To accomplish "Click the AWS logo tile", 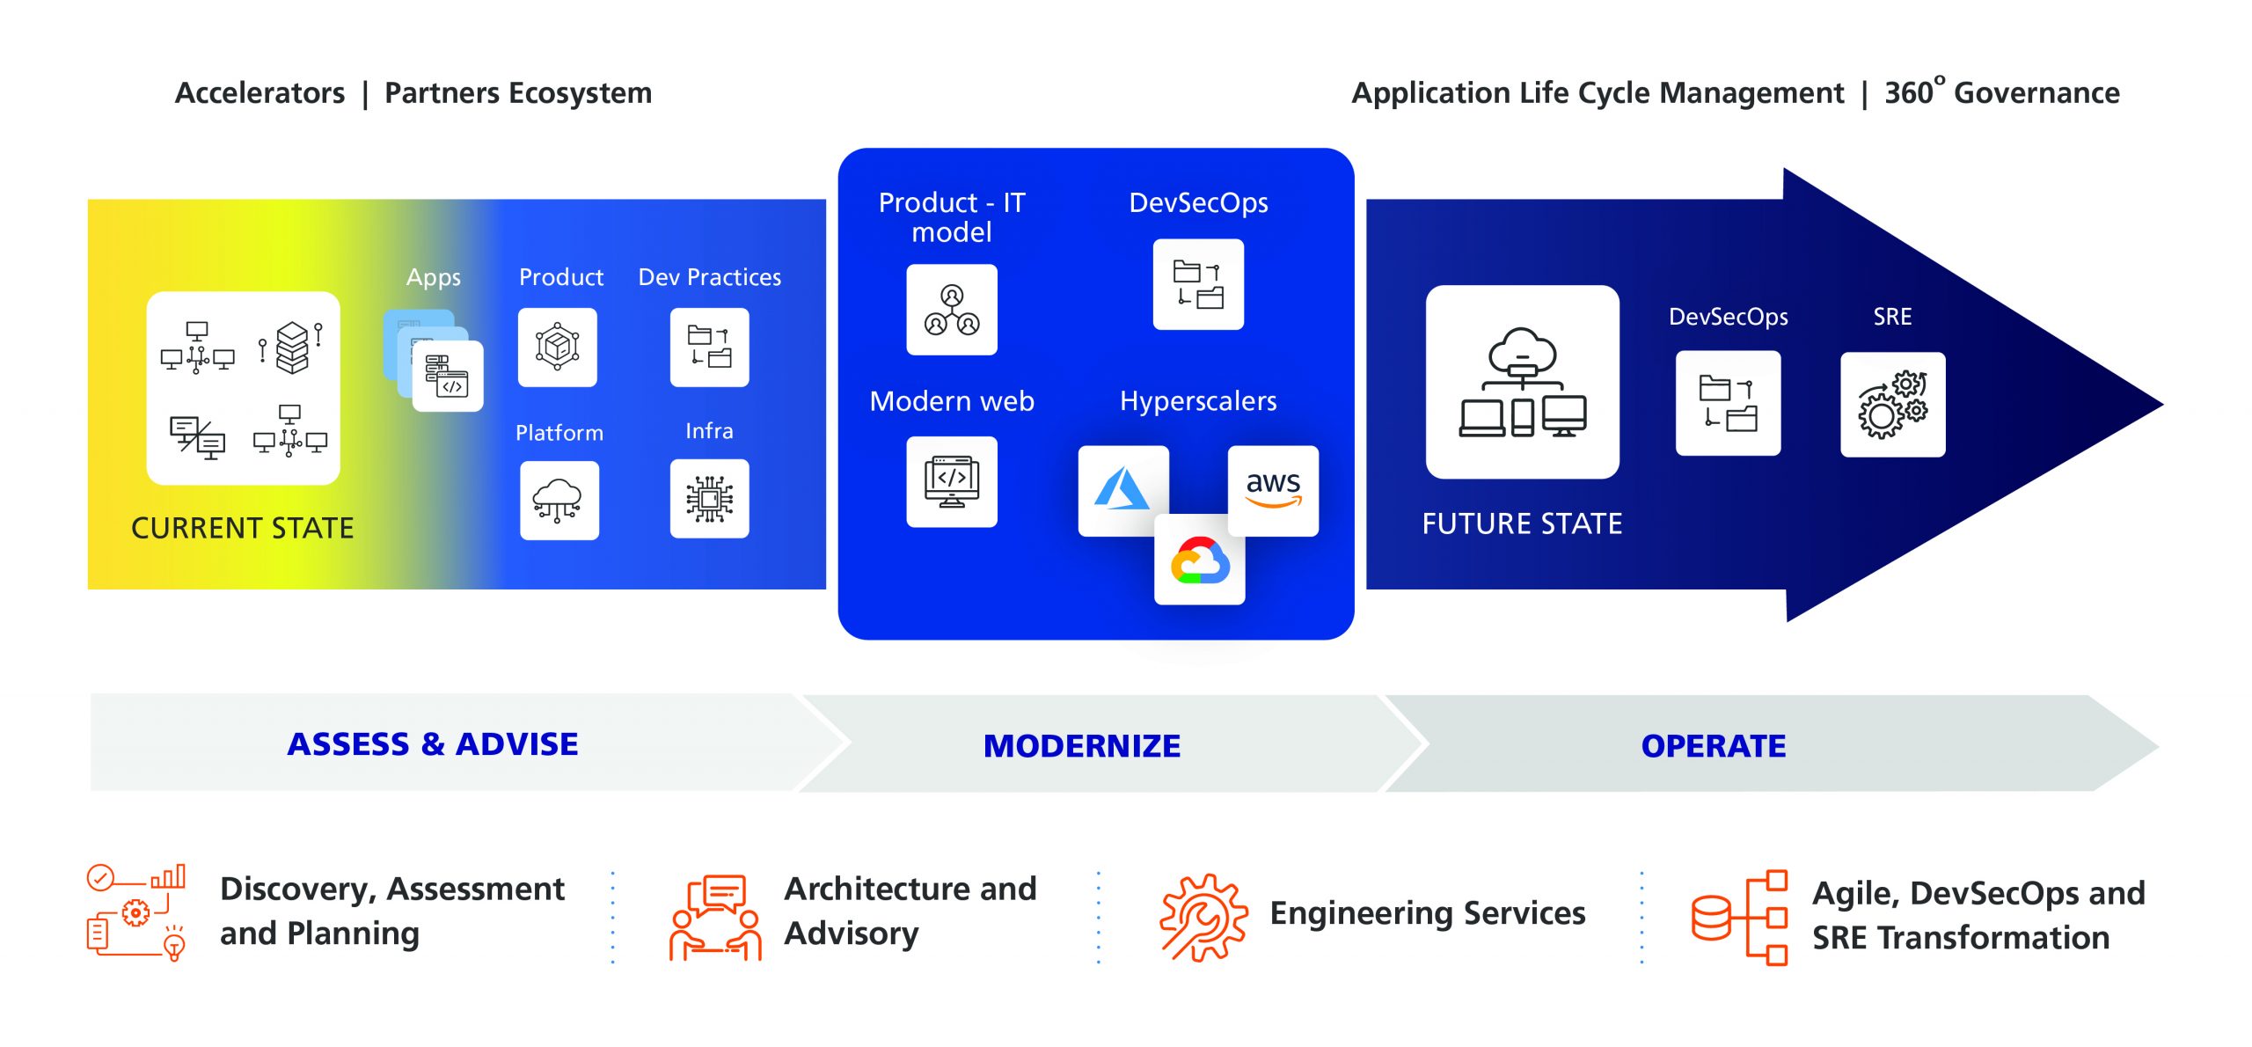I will coord(1273,490).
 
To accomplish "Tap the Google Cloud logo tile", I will coord(1200,560).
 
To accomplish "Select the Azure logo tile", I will coord(1122,490).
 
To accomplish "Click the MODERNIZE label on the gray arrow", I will coord(1081,746).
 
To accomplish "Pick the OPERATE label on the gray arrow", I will coord(1713,746).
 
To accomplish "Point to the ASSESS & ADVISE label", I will coord(433,744).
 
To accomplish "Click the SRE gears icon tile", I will coord(1892,405).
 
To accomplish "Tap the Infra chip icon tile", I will coord(709,499).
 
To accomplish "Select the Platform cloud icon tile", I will coord(559,500).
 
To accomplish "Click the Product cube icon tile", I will coord(558,348).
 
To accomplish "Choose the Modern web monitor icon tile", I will coord(952,482).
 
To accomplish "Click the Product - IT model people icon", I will coord(952,310).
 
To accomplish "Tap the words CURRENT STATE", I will coord(243,528).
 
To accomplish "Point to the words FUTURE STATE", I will coord(1522,523).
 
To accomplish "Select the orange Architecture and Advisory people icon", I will coord(715,917).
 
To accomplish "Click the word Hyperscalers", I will coord(1197,401).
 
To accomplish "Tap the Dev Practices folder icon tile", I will coord(709,348).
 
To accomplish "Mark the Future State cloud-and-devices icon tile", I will coord(1522,382).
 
